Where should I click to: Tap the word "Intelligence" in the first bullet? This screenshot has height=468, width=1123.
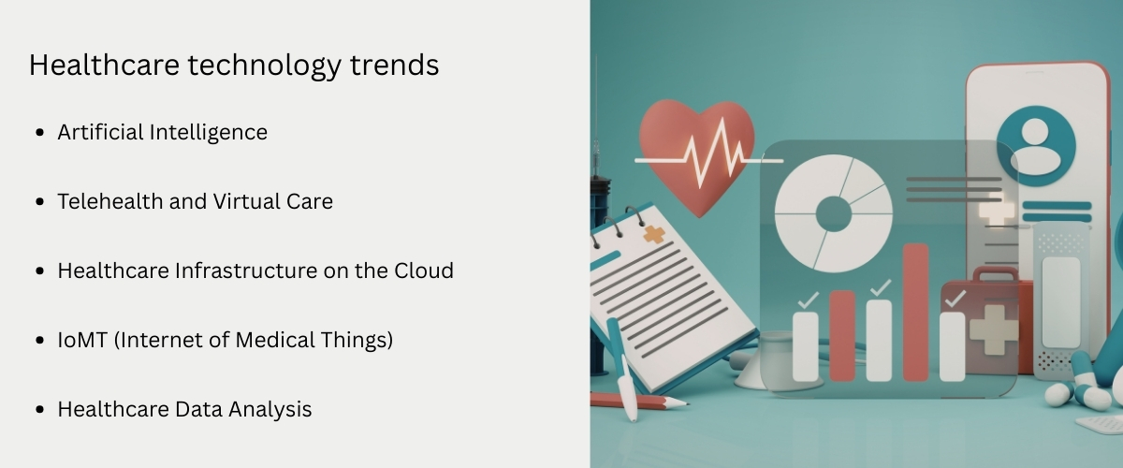tap(209, 133)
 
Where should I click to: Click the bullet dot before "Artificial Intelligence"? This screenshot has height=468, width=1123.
tap(39, 134)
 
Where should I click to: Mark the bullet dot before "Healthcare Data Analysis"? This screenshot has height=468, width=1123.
tap(39, 410)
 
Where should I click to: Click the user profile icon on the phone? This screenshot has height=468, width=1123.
tap(1035, 145)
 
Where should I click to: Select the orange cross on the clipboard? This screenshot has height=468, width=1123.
tap(655, 234)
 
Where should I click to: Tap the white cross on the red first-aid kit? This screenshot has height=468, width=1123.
tap(993, 329)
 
